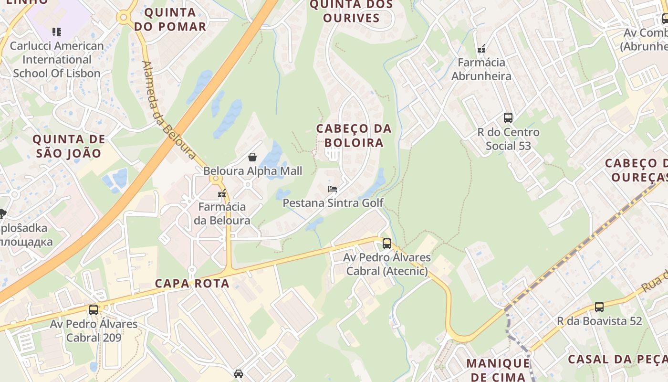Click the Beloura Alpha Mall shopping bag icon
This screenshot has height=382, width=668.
[252, 157]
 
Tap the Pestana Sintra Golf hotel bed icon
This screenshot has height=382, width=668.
[333, 189]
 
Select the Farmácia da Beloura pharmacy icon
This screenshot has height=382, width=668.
[222, 194]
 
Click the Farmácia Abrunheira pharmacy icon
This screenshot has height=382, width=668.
[481, 49]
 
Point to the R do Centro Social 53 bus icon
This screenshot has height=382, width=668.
[508, 118]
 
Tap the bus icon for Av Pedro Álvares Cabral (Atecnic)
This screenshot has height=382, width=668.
[387, 244]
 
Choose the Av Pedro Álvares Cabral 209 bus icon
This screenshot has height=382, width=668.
[94, 310]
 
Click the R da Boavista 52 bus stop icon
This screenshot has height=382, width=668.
[599, 307]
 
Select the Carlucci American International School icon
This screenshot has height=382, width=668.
[57, 32]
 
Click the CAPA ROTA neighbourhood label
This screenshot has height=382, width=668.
[192, 283]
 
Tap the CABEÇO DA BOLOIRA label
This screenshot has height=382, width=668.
[354, 136]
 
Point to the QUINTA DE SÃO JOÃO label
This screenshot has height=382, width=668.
[68, 146]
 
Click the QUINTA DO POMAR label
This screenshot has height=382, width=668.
[170, 19]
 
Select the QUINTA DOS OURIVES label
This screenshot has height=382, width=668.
[351, 11]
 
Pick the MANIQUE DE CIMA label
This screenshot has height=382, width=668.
[498, 370]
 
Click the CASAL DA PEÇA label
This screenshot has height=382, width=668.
[617, 359]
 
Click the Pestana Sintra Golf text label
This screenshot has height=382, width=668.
[333, 203]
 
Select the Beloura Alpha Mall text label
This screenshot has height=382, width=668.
[252, 171]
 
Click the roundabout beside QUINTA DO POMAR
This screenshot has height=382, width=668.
[125, 18]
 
